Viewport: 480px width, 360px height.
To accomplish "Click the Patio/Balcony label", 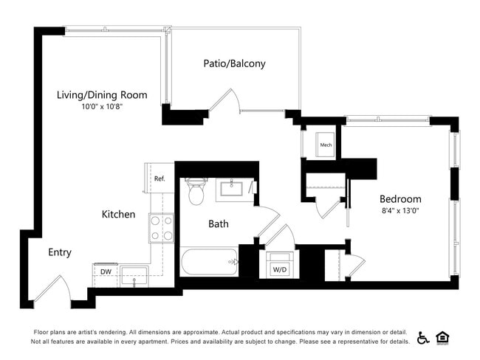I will coord(234,63).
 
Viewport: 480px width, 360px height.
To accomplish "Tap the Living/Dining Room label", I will coord(102,94).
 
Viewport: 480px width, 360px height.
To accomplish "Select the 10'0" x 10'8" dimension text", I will coord(102,107).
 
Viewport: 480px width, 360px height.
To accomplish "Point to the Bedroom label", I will coord(400,198).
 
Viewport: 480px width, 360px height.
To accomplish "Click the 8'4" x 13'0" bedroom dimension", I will coord(400,210).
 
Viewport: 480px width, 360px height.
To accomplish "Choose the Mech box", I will coord(326,145).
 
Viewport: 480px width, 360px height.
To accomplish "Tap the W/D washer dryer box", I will coord(281,266).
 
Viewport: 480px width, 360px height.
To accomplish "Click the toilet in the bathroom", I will coord(196,192).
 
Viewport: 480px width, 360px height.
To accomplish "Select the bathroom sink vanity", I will coord(235,189).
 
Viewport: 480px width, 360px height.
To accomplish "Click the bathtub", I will coord(210,261).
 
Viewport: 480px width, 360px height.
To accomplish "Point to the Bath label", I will coord(218,224).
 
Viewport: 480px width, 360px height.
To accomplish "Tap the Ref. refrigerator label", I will coord(159,179).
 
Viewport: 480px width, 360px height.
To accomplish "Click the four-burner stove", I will coord(161,227).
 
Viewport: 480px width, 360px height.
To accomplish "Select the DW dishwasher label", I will coord(106,271).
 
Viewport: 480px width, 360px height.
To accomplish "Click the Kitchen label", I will coord(118,215).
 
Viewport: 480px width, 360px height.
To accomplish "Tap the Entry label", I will coord(60,252).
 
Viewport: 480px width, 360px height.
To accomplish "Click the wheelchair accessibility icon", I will coord(424,337).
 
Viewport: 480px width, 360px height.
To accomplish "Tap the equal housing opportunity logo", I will coord(443,337).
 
